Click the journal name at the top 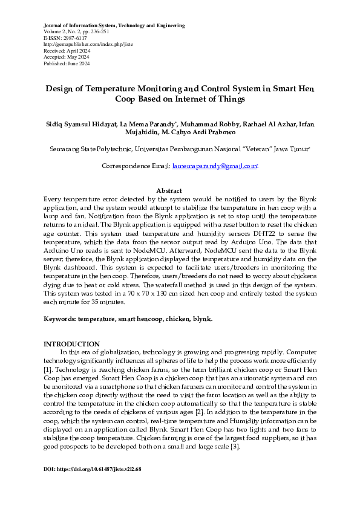click(114, 25)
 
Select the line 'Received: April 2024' click(66, 51)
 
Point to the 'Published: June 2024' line click(67, 63)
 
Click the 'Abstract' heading click(169, 190)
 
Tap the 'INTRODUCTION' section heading click(71, 343)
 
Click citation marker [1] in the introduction click(48, 368)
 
